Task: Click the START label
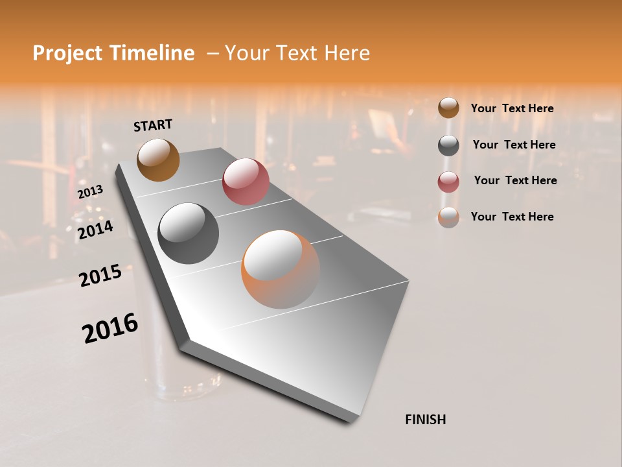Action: [153, 125]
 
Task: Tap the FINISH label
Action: [425, 420]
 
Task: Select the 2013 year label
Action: [91, 192]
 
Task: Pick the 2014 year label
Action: [96, 230]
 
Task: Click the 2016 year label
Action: [110, 328]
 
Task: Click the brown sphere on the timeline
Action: [158, 160]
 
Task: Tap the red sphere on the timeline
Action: [246, 182]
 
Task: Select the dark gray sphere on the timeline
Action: [189, 233]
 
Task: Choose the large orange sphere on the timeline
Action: [281, 269]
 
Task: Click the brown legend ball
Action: [448, 108]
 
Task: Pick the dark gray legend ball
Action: [448, 145]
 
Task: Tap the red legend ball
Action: [448, 181]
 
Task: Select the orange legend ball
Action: [448, 217]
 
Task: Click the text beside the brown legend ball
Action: [512, 108]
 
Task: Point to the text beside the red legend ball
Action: [515, 180]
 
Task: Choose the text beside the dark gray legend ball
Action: [514, 145]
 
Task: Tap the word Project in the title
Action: [65, 53]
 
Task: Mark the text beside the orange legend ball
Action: [512, 217]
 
